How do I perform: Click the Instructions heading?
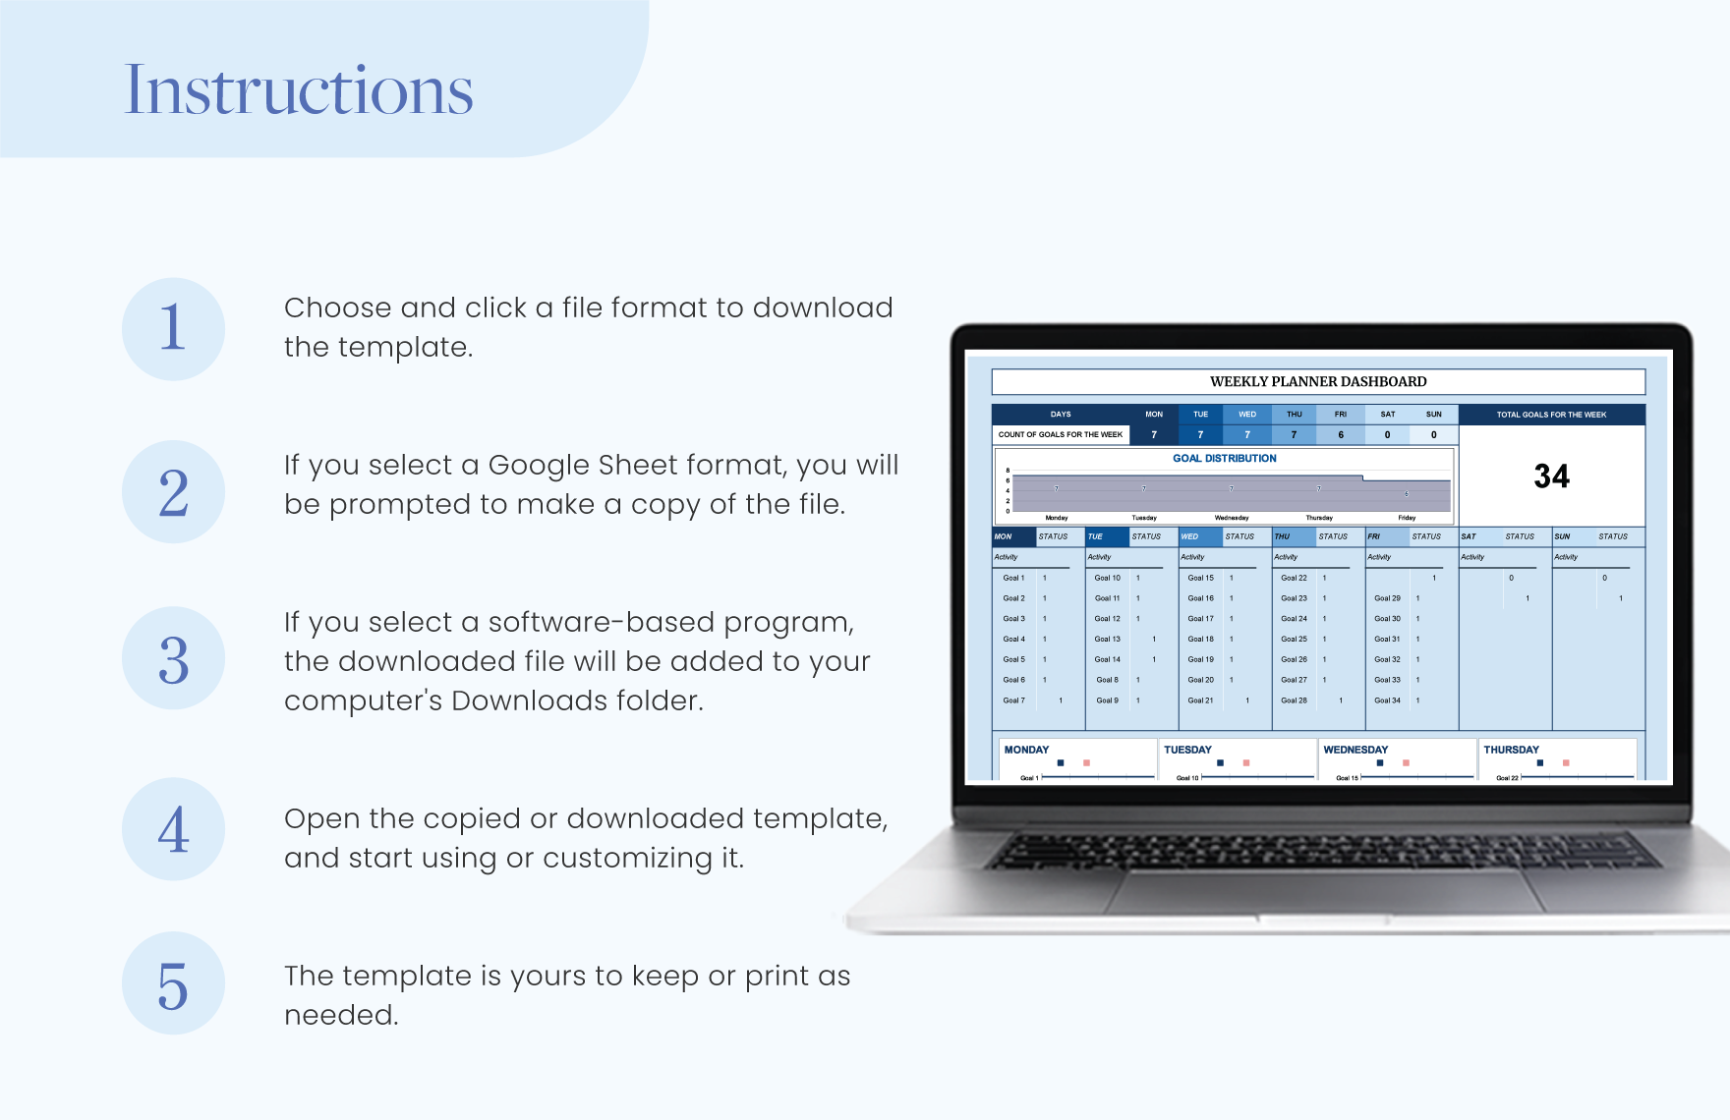299,90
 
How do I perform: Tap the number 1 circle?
173,328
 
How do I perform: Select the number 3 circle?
173,658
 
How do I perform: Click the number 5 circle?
173,983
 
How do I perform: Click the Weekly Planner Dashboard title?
1317,381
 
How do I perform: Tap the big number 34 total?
1551,476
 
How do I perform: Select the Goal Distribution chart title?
1224,458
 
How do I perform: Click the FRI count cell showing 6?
1341,434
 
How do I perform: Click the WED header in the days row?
1246,414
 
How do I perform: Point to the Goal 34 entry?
1387,700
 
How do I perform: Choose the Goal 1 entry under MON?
1013,578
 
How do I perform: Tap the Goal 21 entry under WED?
1200,700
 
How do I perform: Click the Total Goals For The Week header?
1551,414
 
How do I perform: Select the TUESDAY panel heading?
1187,750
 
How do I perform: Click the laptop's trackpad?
1327,889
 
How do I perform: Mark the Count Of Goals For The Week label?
1060,434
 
